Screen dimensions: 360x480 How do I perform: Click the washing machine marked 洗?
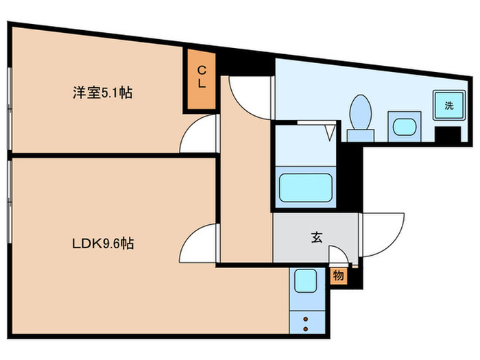click(x=448, y=106)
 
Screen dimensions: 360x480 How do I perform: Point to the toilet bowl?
click(x=359, y=114)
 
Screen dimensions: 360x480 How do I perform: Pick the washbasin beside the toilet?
click(x=402, y=126)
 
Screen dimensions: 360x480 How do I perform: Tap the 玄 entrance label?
click(x=316, y=238)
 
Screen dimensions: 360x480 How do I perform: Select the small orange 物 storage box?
click(x=339, y=276)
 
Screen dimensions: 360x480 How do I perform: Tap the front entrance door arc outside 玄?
click(x=376, y=237)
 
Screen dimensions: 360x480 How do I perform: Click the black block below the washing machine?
click(x=448, y=134)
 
